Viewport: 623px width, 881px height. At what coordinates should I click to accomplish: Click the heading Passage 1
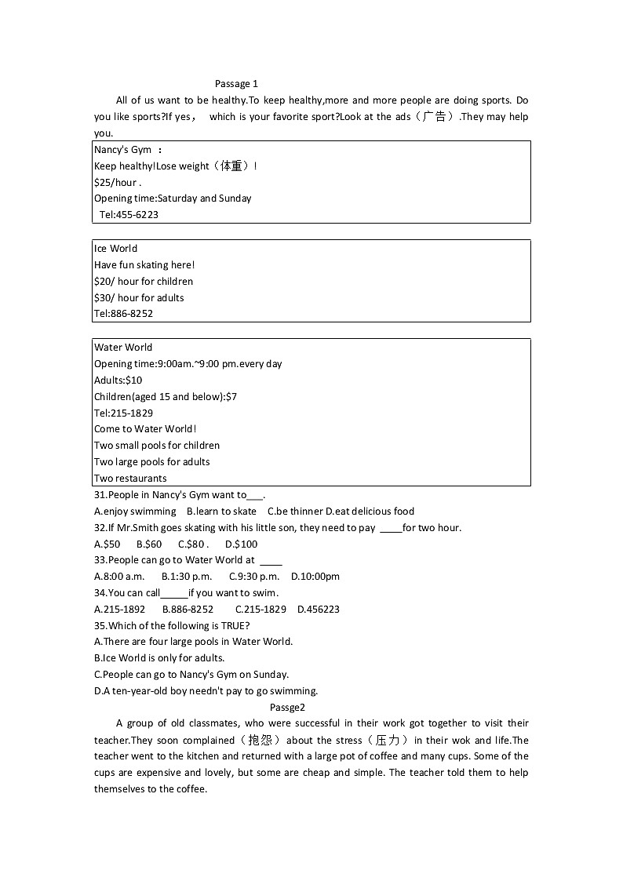click(236, 84)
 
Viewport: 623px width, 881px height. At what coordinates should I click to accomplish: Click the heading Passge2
click(287, 707)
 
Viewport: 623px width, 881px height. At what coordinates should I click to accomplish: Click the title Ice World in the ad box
click(115, 249)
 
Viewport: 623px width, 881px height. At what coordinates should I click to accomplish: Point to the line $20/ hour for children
click(144, 282)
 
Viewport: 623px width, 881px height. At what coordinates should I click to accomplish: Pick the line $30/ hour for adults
click(139, 298)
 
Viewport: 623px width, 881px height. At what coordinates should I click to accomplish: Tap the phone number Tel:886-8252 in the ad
click(123, 314)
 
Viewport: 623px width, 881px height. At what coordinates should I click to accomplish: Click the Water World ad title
click(123, 348)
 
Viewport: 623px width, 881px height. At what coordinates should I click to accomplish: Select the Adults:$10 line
click(118, 380)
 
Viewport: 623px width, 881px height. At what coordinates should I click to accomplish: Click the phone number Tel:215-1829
click(123, 413)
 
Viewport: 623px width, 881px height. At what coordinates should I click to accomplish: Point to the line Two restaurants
click(130, 479)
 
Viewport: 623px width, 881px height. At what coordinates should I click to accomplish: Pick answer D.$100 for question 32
click(241, 544)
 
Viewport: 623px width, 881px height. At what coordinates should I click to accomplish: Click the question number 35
click(100, 626)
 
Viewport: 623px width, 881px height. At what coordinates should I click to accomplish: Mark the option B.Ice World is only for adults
click(159, 658)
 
